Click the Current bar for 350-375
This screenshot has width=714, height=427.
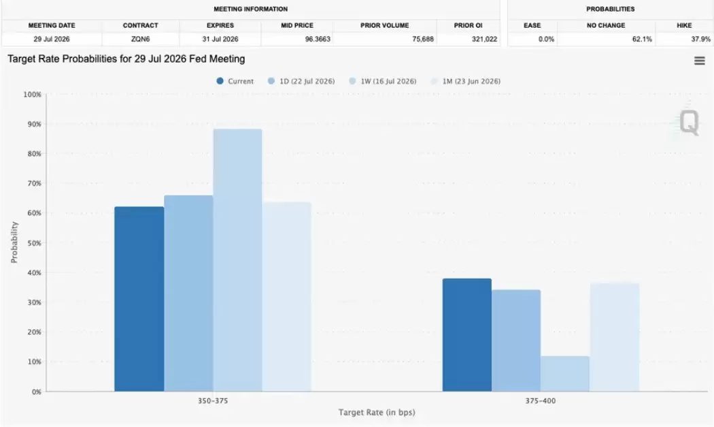pos(139,299)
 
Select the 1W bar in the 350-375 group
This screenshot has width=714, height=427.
pos(238,260)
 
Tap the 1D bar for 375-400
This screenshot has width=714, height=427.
pos(516,341)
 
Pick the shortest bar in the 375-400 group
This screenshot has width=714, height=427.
pos(565,374)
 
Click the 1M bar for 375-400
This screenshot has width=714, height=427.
pos(615,337)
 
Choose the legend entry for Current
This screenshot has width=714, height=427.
pos(235,81)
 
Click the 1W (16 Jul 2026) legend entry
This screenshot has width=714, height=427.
pos(382,81)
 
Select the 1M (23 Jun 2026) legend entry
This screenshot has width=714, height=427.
pos(465,81)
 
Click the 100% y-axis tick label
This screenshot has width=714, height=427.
pos(33,95)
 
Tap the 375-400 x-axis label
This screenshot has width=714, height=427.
pos(541,401)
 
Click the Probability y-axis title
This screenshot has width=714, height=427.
pos(14,242)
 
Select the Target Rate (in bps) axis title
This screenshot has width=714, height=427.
pos(377,413)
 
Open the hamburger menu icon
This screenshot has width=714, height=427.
pos(700,61)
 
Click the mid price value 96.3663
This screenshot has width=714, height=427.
pos(318,39)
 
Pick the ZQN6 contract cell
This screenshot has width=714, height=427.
pos(140,39)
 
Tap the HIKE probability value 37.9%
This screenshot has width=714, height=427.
pos(701,39)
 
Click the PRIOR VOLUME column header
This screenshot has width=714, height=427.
pos(385,26)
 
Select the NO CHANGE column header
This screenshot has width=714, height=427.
pos(606,26)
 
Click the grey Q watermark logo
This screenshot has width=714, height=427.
pos(690,122)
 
